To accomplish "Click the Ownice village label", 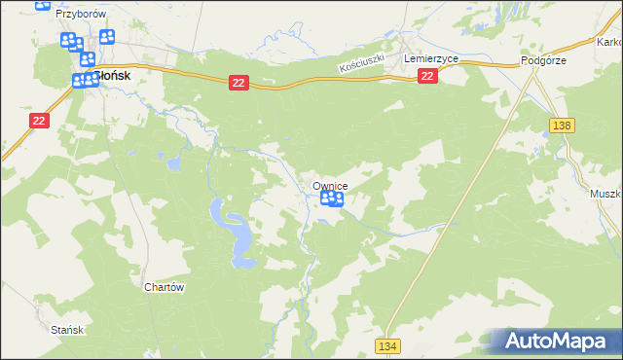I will click(x=330, y=186).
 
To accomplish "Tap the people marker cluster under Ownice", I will click(x=332, y=199).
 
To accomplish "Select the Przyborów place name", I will click(x=81, y=15).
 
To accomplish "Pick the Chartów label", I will click(x=164, y=287).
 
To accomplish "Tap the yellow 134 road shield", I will click(x=388, y=345).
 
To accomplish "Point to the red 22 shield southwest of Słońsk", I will click(x=38, y=120).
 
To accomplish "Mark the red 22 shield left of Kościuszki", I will click(x=238, y=85).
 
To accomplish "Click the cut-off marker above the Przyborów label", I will click(x=44, y=4).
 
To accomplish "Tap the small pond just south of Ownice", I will click(x=322, y=220).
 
